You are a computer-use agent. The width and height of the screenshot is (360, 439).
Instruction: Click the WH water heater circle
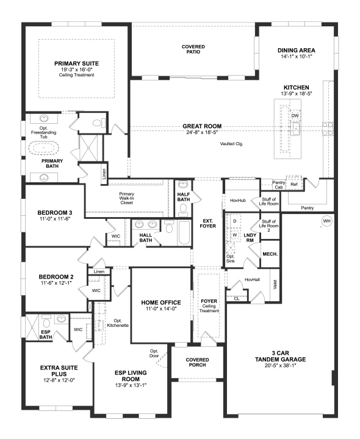tap(326, 221)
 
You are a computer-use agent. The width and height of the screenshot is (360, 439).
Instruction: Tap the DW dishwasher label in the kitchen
tap(295, 116)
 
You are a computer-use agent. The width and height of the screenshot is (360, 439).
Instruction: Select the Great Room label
tap(202, 126)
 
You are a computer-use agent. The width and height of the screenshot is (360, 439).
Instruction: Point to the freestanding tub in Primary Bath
tap(43, 148)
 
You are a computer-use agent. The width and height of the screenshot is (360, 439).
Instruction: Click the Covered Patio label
tap(193, 49)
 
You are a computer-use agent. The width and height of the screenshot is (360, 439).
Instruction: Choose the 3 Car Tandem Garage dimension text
tap(280, 365)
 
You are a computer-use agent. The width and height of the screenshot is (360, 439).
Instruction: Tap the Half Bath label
tap(184, 197)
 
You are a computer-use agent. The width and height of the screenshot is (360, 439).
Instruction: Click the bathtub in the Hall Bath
tap(185, 233)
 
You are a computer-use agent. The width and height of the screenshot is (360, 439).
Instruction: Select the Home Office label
tap(161, 302)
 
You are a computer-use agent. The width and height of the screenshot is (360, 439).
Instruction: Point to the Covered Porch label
tap(197, 362)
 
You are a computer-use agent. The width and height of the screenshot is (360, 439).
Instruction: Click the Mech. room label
tap(270, 254)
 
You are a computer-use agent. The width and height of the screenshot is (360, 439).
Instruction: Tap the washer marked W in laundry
tap(235, 235)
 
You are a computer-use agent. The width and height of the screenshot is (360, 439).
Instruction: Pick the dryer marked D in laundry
tap(235, 221)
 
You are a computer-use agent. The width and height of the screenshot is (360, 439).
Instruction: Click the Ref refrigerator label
tap(294, 184)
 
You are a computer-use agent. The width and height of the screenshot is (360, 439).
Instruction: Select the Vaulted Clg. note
tap(231, 144)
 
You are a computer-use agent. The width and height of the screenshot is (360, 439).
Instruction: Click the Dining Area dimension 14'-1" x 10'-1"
tap(297, 56)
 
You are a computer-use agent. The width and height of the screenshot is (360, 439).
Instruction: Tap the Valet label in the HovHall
tap(275, 285)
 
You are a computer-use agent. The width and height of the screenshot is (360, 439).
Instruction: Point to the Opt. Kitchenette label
tap(118, 323)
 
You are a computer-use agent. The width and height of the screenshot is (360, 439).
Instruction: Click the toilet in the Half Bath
tap(183, 209)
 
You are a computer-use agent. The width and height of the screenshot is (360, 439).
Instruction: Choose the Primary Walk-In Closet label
tap(127, 198)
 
